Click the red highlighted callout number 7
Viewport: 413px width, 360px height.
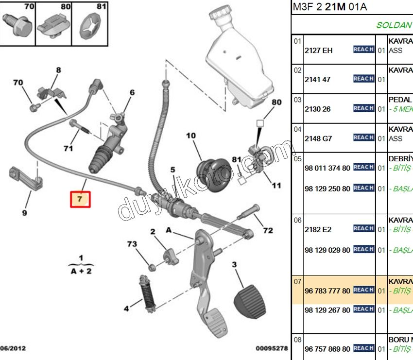click(81, 199)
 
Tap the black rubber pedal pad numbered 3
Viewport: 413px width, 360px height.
click(250, 297)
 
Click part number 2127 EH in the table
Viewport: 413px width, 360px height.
click(318, 50)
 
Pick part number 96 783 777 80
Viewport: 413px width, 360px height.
click(327, 291)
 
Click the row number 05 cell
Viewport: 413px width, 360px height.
click(297, 159)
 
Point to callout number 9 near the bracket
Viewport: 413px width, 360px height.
click(24, 212)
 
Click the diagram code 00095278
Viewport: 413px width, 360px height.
click(272, 348)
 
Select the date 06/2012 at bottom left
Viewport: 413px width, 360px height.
click(13, 348)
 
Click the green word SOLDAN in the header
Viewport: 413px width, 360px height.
click(394, 25)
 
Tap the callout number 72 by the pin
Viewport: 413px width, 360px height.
click(268, 230)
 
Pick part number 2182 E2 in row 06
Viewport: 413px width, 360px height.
click(318, 229)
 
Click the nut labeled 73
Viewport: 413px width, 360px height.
click(151, 265)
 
